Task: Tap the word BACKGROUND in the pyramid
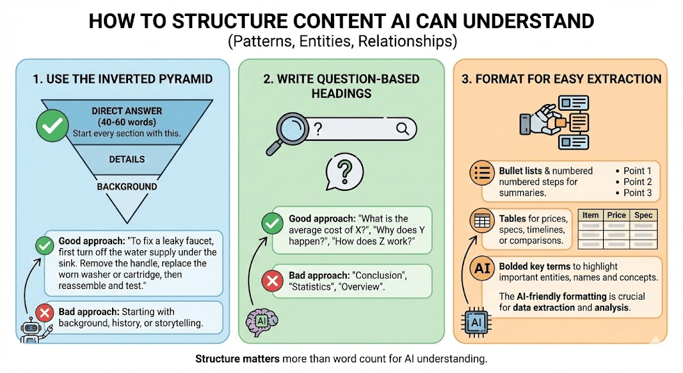[127, 187]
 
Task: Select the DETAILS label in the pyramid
[127, 159]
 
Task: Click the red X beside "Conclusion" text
[271, 282]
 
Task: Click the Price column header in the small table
[615, 216]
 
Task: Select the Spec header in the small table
[644, 216]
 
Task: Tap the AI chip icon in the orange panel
[476, 322]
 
